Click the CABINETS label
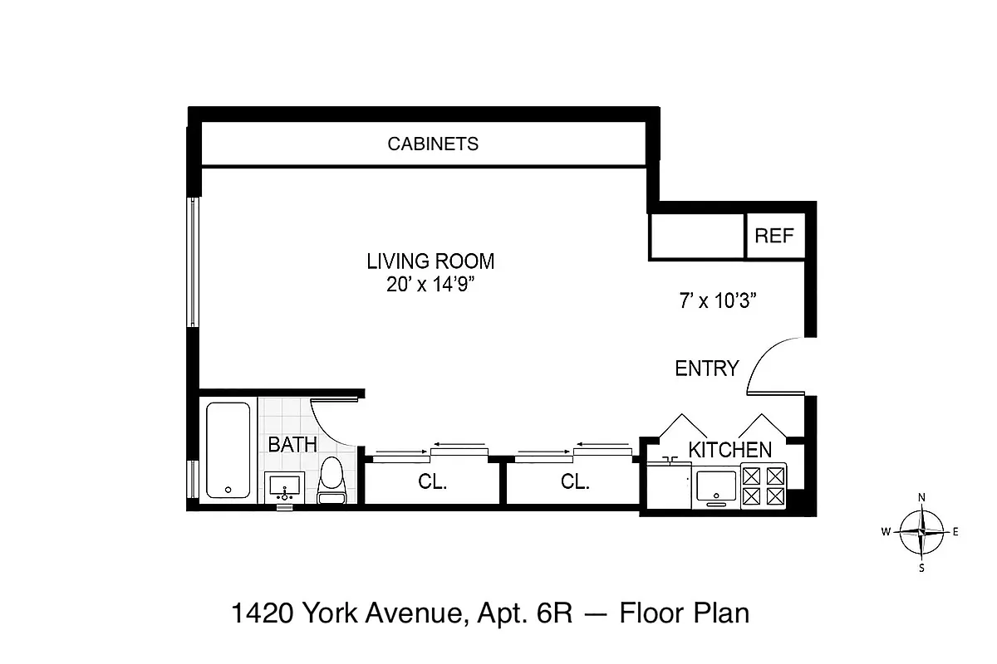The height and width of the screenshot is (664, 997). coord(433,144)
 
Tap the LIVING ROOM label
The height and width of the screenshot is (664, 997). coord(430,261)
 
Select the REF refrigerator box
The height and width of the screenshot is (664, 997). coord(774,236)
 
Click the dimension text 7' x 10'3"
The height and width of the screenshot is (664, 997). coord(716,302)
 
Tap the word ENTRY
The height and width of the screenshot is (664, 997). coord(706,369)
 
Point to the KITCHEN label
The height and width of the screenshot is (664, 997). coord(729,451)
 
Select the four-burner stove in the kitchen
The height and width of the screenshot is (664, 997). coord(764,486)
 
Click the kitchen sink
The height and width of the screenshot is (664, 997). coord(717,486)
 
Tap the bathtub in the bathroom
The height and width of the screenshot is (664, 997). coord(228,451)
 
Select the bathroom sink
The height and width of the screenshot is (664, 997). coord(286,486)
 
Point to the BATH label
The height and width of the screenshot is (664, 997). coord(292,445)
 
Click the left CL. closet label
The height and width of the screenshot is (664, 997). coord(432,482)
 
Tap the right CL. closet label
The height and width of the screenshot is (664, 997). coord(575,482)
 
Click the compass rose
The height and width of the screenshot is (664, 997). coord(922,532)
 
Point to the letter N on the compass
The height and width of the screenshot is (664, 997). coord(921,497)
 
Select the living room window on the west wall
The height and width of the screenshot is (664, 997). coord(193,261)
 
